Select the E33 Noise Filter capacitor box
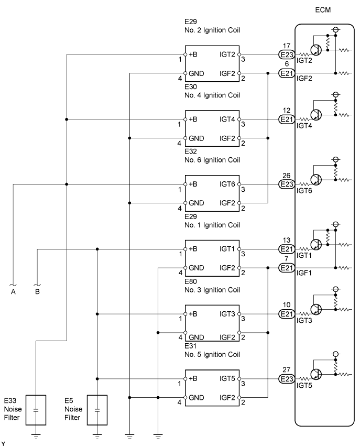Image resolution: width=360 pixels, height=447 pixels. click(x=35, y=409)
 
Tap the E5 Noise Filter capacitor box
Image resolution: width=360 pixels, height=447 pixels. click(x=97, y=409)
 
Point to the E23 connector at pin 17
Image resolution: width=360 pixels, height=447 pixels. click(x=287, y=54)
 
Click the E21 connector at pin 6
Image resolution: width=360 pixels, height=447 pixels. click(x=287, y=73)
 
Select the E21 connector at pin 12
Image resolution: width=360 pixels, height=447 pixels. click(x=287, y=119)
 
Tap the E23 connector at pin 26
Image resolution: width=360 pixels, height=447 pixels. click(x=287, y=184)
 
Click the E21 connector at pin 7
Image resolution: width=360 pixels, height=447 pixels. click(x=287, y=268)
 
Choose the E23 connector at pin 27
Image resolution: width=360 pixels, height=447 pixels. click(x=287, y=379)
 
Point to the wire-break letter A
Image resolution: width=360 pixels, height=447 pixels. click(x=13, y=292)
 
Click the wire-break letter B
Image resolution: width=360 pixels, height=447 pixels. click(x=37, y=292)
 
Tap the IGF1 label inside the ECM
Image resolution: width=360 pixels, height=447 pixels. click(x=305, y=277)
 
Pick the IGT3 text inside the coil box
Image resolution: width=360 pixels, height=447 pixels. click(x=227, y=314)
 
